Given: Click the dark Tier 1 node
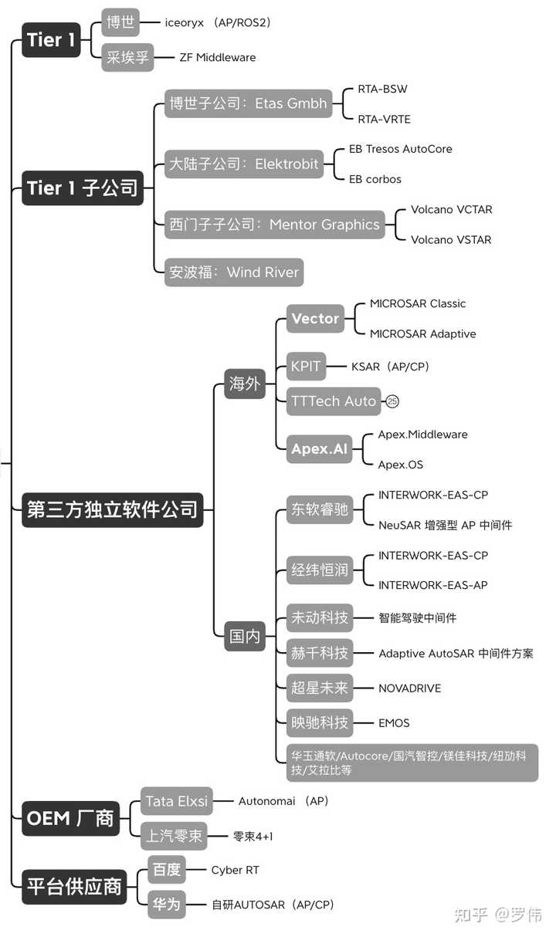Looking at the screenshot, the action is [51, 40].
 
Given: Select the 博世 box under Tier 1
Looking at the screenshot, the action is [120, 22].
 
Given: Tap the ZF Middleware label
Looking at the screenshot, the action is [218, 57].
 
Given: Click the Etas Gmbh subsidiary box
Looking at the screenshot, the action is [248, 103].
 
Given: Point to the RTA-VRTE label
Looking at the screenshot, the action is [384, 119].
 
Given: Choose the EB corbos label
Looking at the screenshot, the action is [375, 180].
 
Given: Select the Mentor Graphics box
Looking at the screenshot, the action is [274, 225].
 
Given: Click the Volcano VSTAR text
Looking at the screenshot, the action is [451, 240].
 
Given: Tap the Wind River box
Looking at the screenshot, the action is [234, 272].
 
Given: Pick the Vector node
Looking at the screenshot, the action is [315, 319].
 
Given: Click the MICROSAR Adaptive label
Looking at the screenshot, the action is [423, 333].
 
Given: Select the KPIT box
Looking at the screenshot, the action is [306, 367].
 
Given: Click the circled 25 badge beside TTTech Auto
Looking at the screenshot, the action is [392, 401].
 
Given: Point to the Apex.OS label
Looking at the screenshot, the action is [400, 465].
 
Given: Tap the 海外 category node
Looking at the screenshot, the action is [245, 384].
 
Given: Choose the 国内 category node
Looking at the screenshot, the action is [245, 636].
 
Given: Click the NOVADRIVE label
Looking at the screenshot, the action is [409, 688].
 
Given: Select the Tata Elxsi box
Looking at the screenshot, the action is [177, 801].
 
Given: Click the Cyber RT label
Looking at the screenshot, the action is [235, 870].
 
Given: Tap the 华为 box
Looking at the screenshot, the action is [167, 905].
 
